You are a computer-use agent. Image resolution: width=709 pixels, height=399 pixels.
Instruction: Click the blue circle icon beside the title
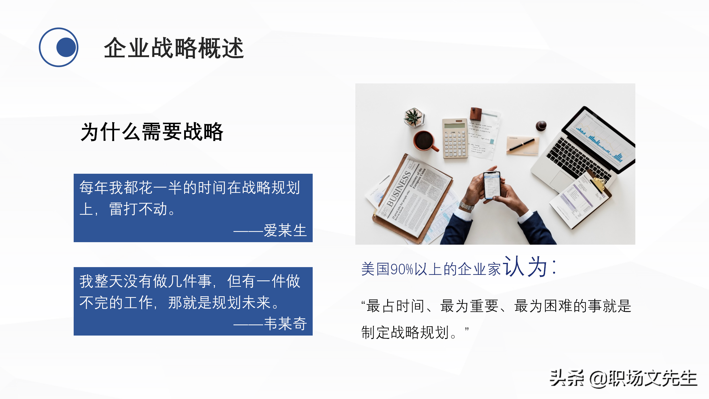tap(58, 47)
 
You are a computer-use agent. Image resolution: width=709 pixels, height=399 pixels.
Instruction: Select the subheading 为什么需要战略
tap(152, 132)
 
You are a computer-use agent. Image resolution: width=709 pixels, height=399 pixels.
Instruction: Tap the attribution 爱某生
tap(285, 230)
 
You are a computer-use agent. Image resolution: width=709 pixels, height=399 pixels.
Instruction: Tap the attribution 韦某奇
tap(285, 324)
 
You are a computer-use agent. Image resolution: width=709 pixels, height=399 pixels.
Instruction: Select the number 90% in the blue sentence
tap(402, 269)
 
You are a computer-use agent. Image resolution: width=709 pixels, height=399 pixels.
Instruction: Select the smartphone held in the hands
tap(492, 185)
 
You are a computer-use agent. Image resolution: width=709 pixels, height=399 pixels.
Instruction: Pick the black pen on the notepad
tap(521, 145)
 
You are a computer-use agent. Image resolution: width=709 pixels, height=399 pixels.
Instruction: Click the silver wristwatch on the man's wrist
tap(467, 206)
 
